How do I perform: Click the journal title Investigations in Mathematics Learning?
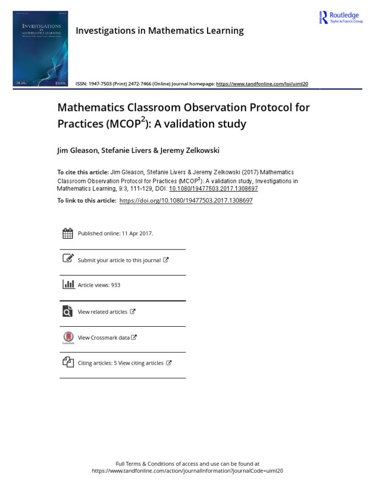pyautogui.click(x=160, y=31)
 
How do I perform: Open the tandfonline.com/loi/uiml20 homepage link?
pyautogui.click(x=262, y=84)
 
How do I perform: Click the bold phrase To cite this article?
pyautogui.click(x=83, y=172)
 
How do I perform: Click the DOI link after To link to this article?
pyautogui.click(x=186, y=201)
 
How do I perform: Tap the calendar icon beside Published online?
pyautogui.click(x=68, y=233)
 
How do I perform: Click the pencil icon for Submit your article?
pyautogui.click(x=68, y=259)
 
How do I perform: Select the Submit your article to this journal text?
pyautogui.click(x=119, y=260)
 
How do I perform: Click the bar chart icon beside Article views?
pyautogui.click(x=68, y=284)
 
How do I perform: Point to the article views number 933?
pyautogui.click(x=116, y=285)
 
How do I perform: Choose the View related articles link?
pyautogui.click(x=103, y=312)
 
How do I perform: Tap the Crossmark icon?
pyautogui.click(x=68, y=337)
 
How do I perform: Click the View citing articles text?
pyautogui.click(x=141, y=363)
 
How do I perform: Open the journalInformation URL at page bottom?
pyautogui.click(x=187, y=471)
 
